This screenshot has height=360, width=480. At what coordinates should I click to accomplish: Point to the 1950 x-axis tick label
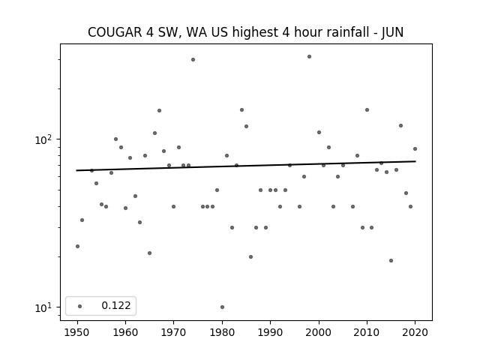(x=77, y=332)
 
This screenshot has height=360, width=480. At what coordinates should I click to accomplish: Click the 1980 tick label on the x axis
(x=222, y=332)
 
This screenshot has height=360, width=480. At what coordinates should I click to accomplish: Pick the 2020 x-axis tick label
(x=415, y=332)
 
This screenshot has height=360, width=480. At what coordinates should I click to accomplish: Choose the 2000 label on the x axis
(x=319, y=332)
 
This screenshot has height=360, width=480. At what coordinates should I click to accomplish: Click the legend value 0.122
(x=116, y=305)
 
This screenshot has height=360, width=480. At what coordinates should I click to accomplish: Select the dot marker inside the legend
(x=80, y=306)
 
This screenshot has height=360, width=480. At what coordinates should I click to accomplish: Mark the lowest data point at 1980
(x=222, y=307)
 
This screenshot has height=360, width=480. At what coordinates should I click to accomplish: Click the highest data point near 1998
(x=309, y=57)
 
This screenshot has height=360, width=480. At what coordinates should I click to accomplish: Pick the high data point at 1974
(x=193, y=60)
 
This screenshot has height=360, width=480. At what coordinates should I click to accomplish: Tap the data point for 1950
(x=77, y=247)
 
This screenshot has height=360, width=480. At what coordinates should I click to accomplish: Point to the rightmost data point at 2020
(x=415, y=149)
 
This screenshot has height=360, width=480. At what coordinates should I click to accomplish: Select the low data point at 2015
(x=391, y=261)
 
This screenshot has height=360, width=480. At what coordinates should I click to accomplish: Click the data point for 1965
(x=150, y=253)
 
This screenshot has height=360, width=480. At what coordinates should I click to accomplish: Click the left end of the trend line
(x=76, y=170)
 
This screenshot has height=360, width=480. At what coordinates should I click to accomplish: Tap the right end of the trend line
(x=415, y=161)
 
